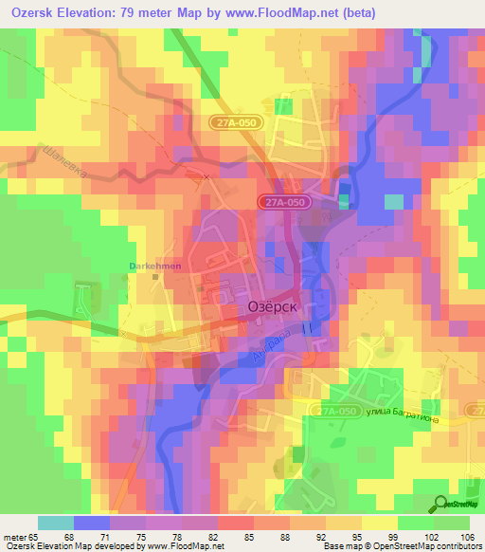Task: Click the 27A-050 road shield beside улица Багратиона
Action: pos(334,409)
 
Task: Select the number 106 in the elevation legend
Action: pos(468,537)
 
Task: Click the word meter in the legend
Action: pos(15,537)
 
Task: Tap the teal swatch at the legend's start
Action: pos(55,523)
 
